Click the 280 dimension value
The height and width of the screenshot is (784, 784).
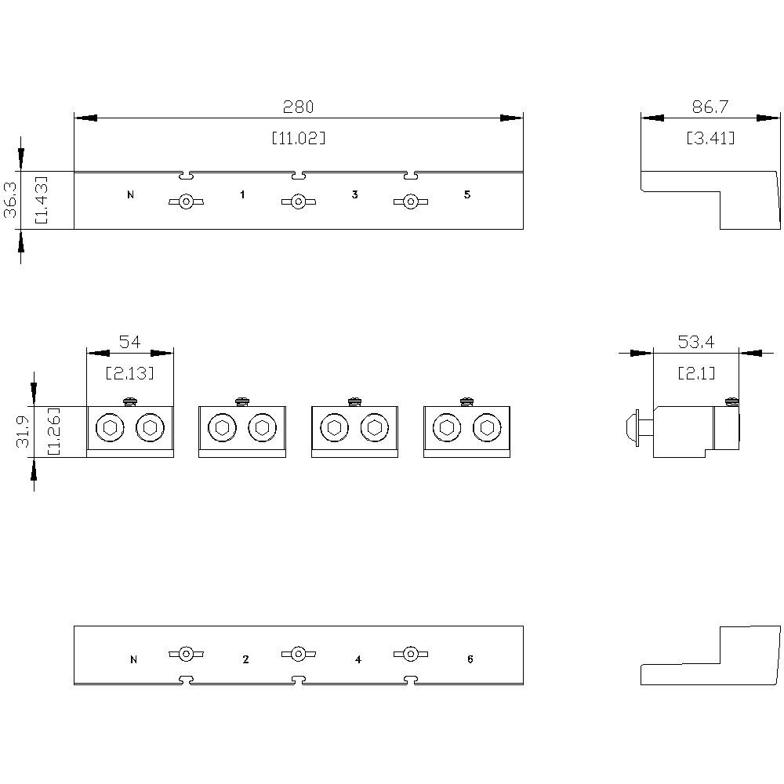298,107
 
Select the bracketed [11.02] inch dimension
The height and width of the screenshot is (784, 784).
298,138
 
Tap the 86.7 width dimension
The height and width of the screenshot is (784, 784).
710,107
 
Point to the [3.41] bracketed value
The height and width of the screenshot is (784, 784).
710,138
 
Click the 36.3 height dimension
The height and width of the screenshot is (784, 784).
11,200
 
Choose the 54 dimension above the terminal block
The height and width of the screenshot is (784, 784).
129,342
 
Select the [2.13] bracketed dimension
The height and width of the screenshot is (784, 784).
129,373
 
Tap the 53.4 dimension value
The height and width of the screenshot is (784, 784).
695,342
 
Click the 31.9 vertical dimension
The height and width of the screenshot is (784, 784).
24,432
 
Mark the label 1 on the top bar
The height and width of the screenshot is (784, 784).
242,194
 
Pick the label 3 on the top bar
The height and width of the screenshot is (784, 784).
354,194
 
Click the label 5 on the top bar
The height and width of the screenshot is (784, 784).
466,194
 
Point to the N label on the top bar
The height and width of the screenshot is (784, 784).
130,194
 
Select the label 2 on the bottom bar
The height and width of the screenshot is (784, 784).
245,660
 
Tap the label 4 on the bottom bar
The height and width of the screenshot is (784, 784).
358,660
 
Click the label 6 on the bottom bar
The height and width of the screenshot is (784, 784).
470,660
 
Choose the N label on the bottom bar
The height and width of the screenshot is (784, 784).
133,660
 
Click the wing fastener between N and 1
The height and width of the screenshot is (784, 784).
186,202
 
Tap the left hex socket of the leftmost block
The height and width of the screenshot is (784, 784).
108,428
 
